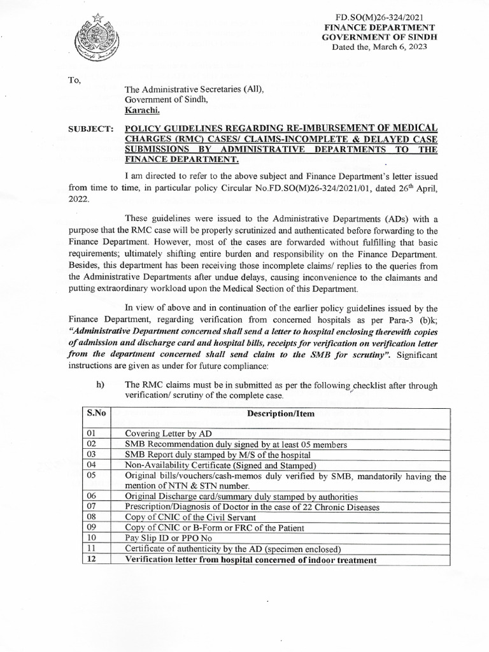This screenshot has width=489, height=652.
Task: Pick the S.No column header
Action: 95,413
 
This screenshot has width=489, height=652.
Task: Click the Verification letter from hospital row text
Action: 250,560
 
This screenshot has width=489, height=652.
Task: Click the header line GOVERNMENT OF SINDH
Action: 379,38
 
